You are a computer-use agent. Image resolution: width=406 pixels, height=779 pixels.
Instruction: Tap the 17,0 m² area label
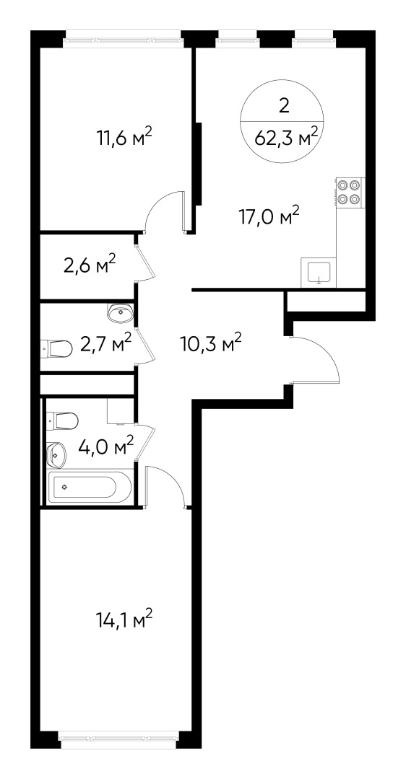pyautogui.click(x=269, y=215)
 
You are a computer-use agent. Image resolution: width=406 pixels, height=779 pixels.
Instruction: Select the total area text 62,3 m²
pyautogui.click(x=287, y=136)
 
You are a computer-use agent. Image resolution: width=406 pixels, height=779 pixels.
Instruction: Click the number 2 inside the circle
pyautogui.click(x=284, y=106)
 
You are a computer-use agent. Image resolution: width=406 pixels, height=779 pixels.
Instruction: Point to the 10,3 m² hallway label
pyautogui.click(x=210, y=343)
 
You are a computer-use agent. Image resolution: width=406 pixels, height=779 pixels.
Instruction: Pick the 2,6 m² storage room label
pyautogui.click(x=90, y=265)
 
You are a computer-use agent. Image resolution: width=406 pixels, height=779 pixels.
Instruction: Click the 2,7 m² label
pyautogui.click(x=105, y=343)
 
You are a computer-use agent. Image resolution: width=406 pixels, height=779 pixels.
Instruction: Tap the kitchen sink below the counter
pyautogui.click(x=319, y=273)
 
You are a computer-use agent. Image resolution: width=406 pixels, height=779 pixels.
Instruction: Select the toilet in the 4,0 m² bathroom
pyautogui.click(x=62, y=421)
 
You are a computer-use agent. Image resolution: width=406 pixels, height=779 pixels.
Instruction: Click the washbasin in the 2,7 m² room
pyautogui.click(x=119, y=312)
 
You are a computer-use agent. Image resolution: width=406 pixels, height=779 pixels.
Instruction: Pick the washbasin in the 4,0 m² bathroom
pyautogui.click(x=56, y=454)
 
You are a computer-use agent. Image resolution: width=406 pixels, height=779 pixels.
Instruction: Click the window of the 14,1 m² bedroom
pyautogui.click(x=119, y=737)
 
